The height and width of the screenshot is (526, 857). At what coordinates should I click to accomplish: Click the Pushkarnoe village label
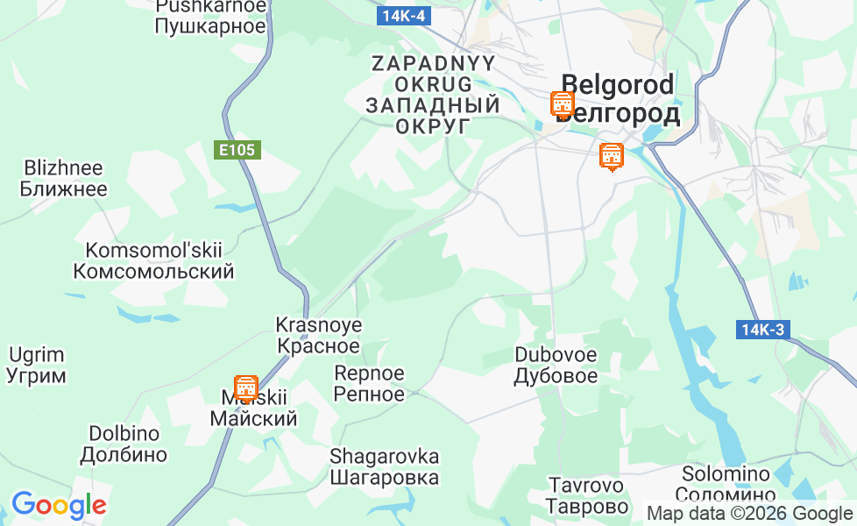coord(209,16)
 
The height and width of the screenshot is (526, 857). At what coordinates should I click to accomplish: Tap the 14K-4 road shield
coord(404,16)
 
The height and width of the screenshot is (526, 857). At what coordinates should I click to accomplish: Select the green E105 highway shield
coord(237,150)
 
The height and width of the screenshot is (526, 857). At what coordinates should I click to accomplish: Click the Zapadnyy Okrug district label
coord(433,95)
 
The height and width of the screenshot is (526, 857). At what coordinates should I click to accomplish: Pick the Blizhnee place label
coord(63,178)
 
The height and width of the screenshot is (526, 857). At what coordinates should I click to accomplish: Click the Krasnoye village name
coord(318,335)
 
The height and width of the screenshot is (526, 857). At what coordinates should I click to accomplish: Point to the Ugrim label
coord(37,366)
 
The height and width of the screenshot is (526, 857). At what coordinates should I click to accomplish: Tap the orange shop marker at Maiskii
coord(246,388)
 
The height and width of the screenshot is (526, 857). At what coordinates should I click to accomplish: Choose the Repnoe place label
coord(369,383)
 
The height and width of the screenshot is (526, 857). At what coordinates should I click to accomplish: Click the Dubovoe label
coord(556,366)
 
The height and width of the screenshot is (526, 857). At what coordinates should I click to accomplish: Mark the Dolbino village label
coord(124,444)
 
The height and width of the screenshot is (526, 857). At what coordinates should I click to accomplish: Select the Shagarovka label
coord(384,467)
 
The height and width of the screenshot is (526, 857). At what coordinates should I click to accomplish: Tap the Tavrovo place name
coord(586,495)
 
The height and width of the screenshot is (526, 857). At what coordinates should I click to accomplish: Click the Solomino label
coord(726,484)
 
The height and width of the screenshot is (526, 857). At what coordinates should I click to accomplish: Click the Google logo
coord(59,505)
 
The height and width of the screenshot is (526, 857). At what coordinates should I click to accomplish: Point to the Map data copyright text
coord(749,514)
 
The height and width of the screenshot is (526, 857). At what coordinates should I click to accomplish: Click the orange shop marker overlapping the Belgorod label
coord(562,105)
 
